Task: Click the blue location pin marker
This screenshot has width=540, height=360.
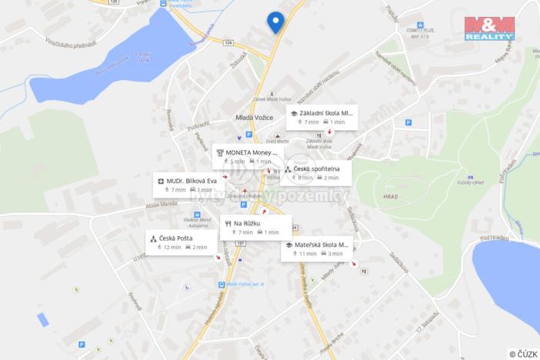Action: [x=275, y=21]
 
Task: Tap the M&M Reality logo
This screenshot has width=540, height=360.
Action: [x=489, y=28]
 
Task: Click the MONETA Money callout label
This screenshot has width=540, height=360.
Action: [x=246, y=157]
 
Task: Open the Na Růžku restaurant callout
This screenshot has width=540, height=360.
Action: [x=255, y=227]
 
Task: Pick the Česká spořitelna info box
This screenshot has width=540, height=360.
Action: [x=316, y=172]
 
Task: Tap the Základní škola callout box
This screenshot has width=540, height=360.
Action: [x=322, y=117]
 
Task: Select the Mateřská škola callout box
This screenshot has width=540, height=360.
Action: [x=316, y=248]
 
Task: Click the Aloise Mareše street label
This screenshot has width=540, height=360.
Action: [x=162, y=205]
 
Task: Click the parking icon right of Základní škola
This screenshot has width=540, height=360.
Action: [x=408, y=122]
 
